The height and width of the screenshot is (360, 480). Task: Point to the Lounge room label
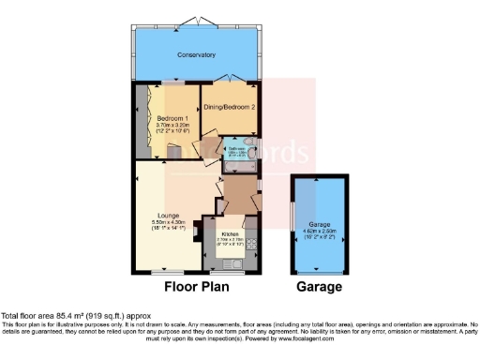coord(169,215)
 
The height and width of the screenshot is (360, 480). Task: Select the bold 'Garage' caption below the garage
coord(319,287)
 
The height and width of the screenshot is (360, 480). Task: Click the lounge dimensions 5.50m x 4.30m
coord(169,221)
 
